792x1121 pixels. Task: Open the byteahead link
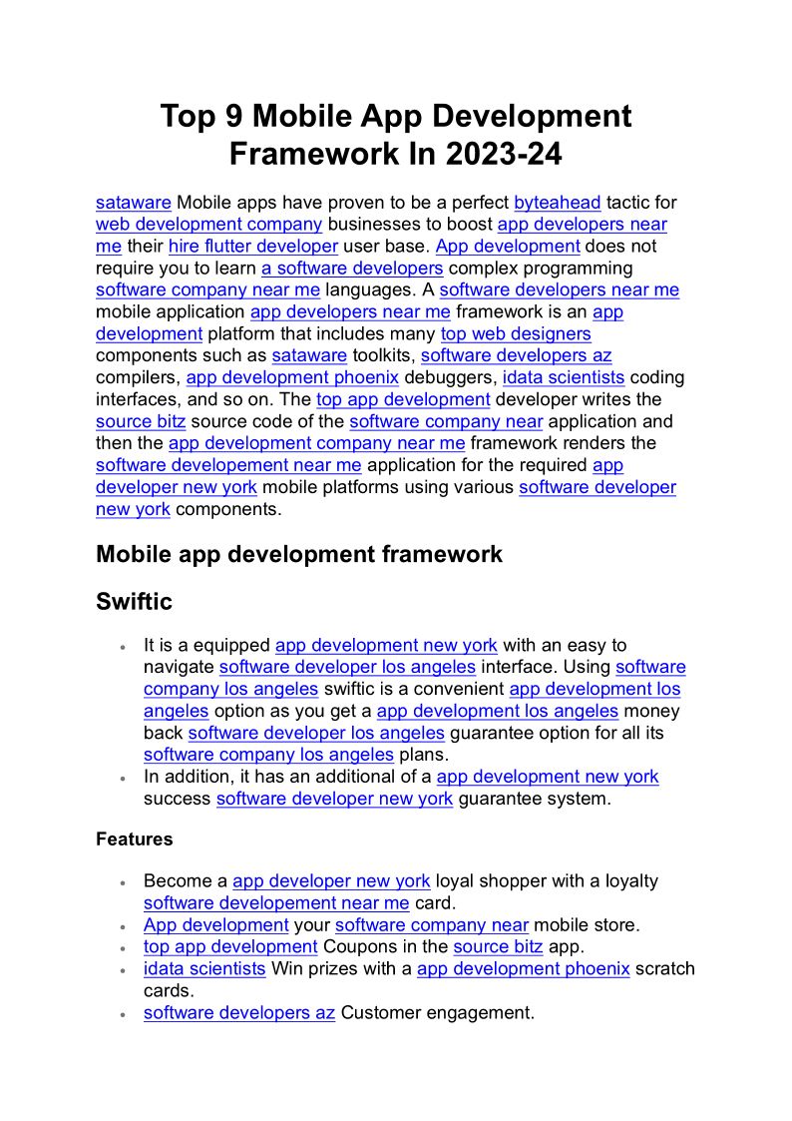point(558,203)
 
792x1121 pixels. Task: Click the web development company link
point(208,225)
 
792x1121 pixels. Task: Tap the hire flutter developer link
point(253,247)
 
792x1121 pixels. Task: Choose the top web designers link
point(516,334)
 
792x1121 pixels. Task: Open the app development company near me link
point(316,443)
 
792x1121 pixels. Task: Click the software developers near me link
point(559,290)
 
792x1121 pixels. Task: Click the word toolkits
point(383,356)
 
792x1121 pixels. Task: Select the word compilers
point(138,378)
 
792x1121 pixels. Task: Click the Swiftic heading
point(134,602)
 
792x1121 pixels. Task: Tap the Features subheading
point(134,840)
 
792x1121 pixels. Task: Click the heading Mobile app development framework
point(299,554)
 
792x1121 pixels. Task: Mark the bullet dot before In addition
point(122,779)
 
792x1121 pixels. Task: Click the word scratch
point(664,969)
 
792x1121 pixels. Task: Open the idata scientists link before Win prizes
point(204,969)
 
